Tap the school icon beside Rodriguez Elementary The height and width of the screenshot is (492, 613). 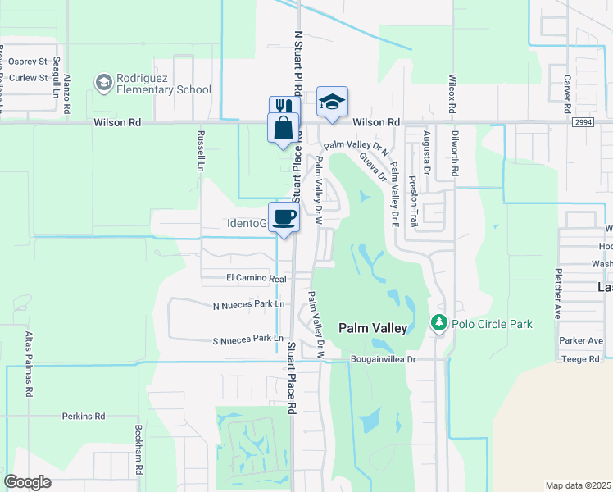tap(104, 82)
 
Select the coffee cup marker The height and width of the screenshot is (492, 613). tap(284, 217)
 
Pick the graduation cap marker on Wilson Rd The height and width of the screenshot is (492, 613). tap(331, 102)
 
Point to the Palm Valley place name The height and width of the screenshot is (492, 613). tap(373, 328)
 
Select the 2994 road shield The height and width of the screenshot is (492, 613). tap(583, 122)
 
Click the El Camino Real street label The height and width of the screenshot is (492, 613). tap(256, 279)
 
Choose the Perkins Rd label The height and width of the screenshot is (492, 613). tap(84, 417)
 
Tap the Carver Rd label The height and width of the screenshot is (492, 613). tap(566, 94)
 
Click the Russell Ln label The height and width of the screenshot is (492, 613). tap(200, 150)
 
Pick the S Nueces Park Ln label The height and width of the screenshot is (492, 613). tap(247, 339)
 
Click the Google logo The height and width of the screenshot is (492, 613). tap(27, 482)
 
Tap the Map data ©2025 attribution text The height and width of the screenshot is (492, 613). tap(578, 485)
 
